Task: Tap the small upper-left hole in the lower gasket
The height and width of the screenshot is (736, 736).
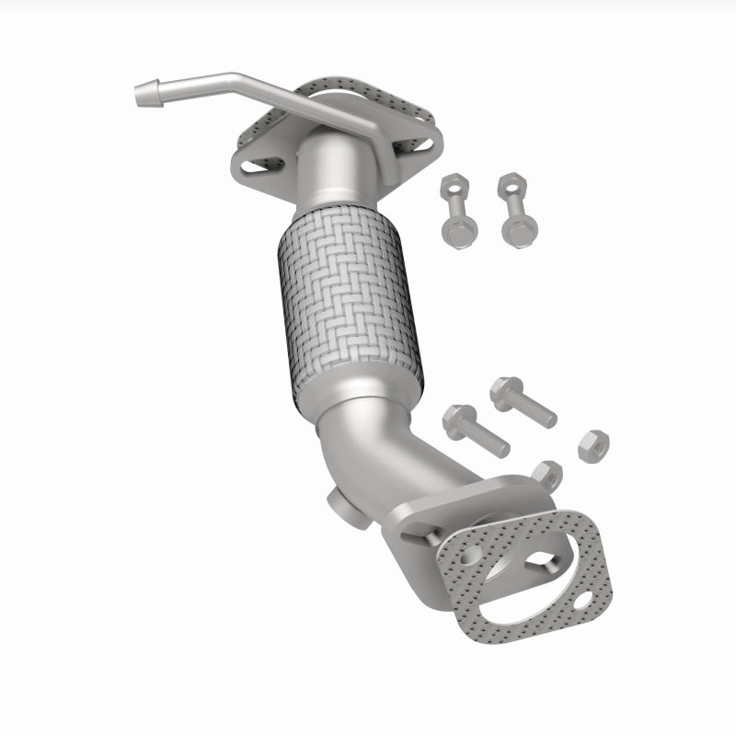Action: pyautogui.click(x=472, y=554)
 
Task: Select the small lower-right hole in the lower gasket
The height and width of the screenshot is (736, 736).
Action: pyautogui.click(x=581, y=604)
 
